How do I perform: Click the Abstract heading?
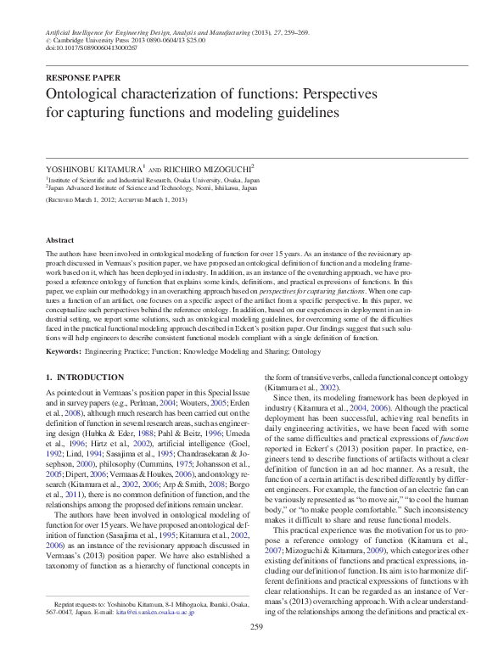[x=60, y=241]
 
